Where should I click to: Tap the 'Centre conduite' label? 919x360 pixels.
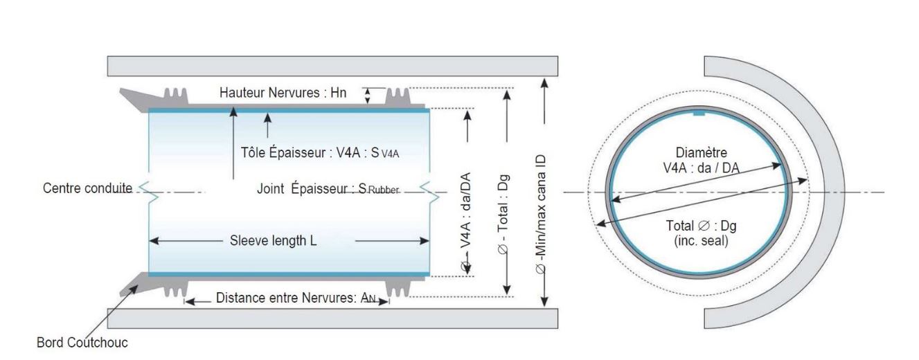tap(87, 188)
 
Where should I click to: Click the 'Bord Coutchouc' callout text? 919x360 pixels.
tap(82, 343)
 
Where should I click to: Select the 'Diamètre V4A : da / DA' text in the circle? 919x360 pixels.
tap(701, 159)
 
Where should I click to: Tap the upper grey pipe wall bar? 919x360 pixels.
tap(332, 66)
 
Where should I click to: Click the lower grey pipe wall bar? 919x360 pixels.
tap(332, 318)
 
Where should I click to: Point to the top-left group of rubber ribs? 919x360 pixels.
tap(175, 96)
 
